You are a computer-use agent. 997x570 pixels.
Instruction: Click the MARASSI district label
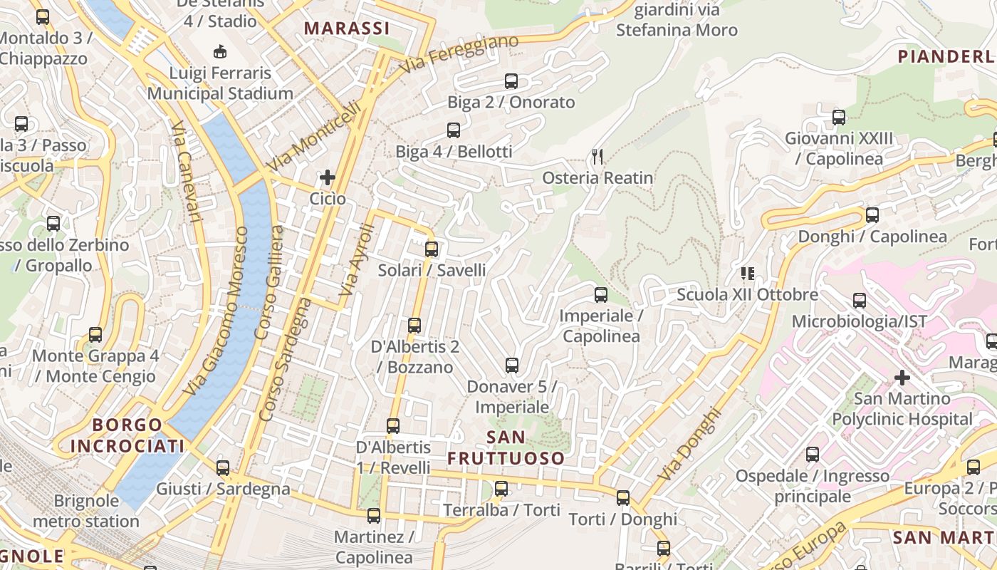(x=347, y=28)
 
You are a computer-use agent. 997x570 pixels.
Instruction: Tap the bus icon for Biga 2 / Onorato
(x=511, y=81)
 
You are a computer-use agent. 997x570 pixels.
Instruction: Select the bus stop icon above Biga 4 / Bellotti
(x=454, y=130)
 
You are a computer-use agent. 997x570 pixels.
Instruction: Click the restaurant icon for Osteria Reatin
(x=597, y=156)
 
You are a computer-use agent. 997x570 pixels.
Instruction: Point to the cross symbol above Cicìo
(x=328, y=177)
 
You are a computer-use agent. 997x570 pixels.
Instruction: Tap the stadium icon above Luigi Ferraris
(x=220, y=51)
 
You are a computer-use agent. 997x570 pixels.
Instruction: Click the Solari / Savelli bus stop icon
(x=432, y=249)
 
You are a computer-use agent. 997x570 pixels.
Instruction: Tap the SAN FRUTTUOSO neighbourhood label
(x=506, y=447)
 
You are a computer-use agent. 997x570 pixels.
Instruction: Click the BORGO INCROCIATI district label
(x=127, y=435)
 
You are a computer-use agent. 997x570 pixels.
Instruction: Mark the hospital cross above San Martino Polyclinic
(x=902, y=377)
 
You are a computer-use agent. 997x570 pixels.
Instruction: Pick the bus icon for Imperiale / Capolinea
(x=601, y=294)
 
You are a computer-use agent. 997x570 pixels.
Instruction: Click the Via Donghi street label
(x=689, y=443)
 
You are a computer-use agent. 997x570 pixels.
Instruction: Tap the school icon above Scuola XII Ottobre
(x=748, y=273)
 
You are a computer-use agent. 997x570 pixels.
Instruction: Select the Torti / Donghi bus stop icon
(x=623, y=498)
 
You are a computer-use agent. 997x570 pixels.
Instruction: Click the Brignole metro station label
(x=86, y=511)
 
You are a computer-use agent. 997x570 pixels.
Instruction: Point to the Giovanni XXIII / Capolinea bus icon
(x=839, y=117)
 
